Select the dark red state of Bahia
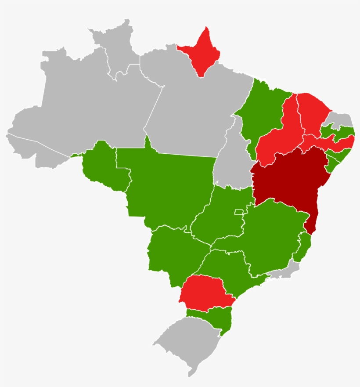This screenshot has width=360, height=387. tap(290, 180)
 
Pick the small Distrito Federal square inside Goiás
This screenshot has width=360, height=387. tap(239, 212)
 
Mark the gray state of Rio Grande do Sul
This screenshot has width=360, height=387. tap(189, 343)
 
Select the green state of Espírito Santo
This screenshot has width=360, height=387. tap(303, 246)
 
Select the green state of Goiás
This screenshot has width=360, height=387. tap(220, 220)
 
